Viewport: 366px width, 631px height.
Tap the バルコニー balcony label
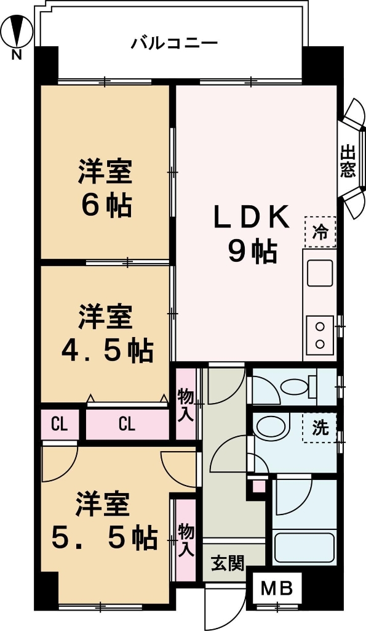point(174,44)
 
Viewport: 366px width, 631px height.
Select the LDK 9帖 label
point(251,234)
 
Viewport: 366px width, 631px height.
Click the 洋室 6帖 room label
point(105,189)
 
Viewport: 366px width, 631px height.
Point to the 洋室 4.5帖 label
point(106,335)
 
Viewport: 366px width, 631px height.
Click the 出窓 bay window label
point(349,161)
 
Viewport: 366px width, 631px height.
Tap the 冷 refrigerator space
point(320,232)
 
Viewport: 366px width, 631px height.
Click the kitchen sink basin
point(320,273)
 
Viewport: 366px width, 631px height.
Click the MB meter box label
point(277,588)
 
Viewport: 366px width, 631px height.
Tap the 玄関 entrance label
point(228,563)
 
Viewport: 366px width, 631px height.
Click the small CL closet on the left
point(60,424)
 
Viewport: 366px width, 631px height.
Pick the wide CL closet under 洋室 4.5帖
point(127,424)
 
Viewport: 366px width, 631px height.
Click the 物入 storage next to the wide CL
point(185,404)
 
